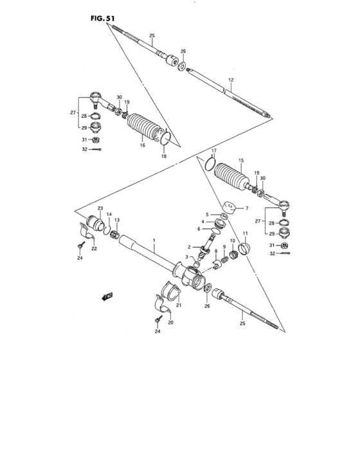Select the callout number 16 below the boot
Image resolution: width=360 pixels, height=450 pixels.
pos(143,146)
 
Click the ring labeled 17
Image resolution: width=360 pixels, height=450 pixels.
pos(207,163)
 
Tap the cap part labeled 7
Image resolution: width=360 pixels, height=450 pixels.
pos(228,208)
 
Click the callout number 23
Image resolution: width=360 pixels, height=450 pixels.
pos(100,209)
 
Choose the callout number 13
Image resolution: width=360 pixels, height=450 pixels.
pos(116,220)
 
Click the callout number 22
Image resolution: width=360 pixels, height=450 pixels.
pos(93,249)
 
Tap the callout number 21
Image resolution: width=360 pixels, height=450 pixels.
pos(179,305)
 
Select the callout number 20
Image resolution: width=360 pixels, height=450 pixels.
pos(171,322)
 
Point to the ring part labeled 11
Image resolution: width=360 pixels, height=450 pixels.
pos(243,248)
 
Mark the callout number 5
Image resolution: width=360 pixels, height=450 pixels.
pos(208,215)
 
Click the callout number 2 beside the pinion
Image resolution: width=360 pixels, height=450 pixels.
pos(190,247)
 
